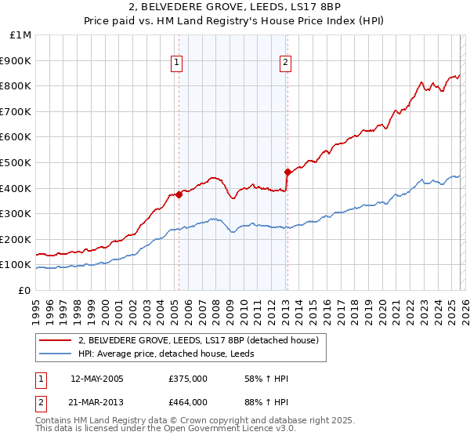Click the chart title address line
click(234, 8)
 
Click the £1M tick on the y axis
click(21, 35)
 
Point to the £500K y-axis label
click(16, 162)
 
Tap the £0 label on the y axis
click(24, 290)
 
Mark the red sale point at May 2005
click(179, 194)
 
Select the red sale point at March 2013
click(287, 172)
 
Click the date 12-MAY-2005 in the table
click(103, 379)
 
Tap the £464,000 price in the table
click(188, 402)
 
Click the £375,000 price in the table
click(188, 379)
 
